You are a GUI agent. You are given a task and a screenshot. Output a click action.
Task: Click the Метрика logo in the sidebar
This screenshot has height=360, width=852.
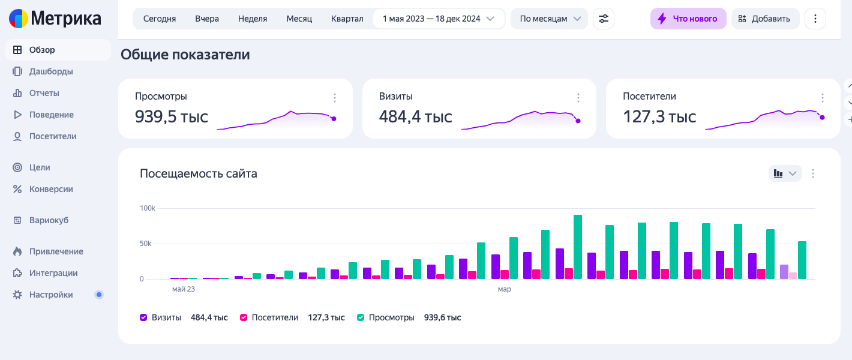tap(55, 19)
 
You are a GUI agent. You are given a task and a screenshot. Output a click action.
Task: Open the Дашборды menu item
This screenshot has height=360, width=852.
tap(51, 71)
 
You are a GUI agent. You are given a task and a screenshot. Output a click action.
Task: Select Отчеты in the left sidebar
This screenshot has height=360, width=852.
tap(44, 93)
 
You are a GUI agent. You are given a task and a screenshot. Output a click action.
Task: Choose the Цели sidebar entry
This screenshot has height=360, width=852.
tap(40, 167)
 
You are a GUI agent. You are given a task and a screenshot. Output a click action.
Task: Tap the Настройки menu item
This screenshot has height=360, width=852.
tap(51, 295)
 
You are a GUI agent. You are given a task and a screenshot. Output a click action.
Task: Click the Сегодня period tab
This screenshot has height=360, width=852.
tap(160, 19)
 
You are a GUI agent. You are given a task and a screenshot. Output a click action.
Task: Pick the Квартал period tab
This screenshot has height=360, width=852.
tap(347, 19)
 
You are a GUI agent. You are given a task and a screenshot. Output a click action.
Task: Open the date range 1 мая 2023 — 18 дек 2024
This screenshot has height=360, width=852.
tap(438, 19)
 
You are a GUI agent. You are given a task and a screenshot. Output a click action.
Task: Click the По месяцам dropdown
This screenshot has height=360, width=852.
tap(549, 19)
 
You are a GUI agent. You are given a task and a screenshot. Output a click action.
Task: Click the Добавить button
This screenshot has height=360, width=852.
tap(765, 19)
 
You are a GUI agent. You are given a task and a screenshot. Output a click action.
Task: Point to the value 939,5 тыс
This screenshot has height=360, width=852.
tap(172, 116)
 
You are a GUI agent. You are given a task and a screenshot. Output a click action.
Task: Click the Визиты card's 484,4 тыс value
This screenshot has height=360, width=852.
tap(415, 116)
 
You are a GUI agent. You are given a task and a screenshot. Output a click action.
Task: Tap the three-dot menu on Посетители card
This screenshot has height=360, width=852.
tap(822, 98)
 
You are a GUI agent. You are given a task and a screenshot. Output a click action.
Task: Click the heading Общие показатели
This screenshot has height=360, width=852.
tap(185, 55)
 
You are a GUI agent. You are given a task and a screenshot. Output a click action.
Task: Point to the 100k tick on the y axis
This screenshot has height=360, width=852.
tap(148, 208)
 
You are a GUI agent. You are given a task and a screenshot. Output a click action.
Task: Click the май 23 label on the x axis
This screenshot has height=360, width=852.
tap(183, 289)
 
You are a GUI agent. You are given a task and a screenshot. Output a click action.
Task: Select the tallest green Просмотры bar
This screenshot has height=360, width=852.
tap(578, 247)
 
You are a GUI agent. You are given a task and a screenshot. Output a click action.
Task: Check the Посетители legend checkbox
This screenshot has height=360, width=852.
tap(244, 317)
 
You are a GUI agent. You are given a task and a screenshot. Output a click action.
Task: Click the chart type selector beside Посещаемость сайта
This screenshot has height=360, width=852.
tap(785, 173)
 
